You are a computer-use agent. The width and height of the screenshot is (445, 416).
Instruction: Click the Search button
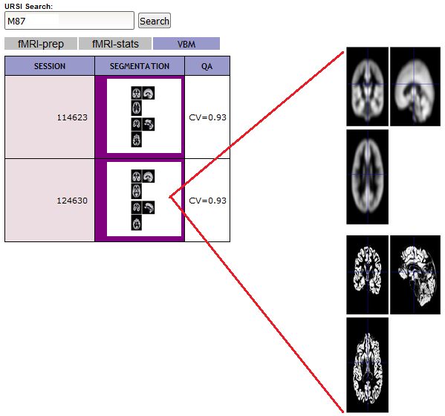point(155,21)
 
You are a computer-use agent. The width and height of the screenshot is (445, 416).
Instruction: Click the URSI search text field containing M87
point(69,21)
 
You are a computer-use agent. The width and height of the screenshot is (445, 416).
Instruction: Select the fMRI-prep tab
point(41,44)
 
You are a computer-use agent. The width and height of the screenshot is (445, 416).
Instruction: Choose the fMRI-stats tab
point(115,44)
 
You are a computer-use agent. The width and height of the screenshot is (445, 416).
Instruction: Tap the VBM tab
point(186,44)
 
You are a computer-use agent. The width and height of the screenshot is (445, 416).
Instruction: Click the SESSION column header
point(50,66)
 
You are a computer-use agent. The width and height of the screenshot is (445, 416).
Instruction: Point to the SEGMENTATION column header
point(140,66)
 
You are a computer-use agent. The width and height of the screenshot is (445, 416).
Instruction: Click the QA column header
point(207,66)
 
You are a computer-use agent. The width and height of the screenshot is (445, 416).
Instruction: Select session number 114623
point(72,117)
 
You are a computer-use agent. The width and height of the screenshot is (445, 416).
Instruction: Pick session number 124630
point(72,201)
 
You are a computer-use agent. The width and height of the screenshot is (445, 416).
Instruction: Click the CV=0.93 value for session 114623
point(207,117)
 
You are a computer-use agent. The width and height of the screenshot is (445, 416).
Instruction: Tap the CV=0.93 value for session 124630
point(207,201)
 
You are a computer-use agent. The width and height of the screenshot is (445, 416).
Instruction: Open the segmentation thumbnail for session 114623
point(143,117)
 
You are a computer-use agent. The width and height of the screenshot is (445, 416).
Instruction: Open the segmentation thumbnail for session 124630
point(143,200)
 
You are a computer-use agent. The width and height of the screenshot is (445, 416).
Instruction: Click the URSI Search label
point(29,6)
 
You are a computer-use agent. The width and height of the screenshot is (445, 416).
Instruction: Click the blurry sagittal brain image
point(415,87)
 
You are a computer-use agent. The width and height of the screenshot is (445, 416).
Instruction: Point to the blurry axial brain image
point(368,177)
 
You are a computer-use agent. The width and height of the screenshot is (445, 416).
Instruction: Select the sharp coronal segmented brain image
point(368,275)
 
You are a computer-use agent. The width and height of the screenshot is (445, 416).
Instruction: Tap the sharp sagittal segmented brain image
point(415,275)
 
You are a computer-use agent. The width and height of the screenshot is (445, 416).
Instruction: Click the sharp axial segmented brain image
point(368,365)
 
